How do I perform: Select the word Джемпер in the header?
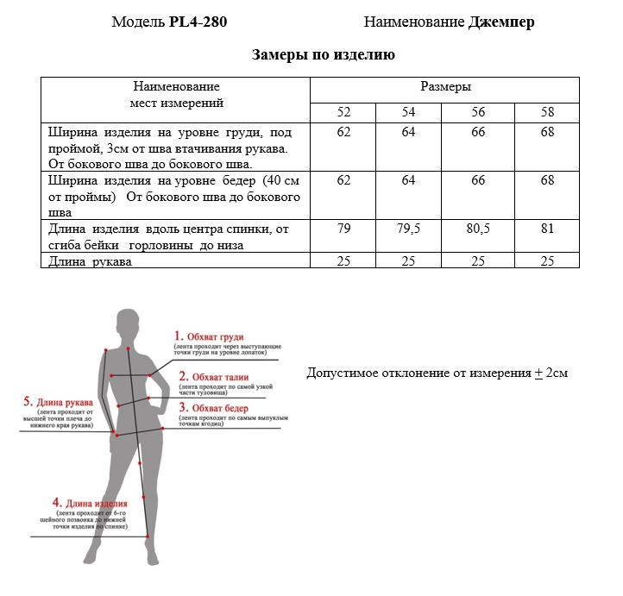501,22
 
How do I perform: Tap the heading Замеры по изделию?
324,56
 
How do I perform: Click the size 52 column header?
343,112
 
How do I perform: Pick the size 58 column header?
547,112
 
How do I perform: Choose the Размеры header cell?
445,87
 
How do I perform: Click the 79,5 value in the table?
408,229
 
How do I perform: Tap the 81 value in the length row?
547,229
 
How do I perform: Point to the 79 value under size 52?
343,229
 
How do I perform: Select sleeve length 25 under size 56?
478,261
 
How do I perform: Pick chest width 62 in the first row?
343,132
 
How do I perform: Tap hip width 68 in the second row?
547,180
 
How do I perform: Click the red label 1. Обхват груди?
209,336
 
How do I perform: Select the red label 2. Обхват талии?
213,377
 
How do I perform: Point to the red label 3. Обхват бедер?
213,408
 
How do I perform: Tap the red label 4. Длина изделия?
90,503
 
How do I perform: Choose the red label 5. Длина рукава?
58,402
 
